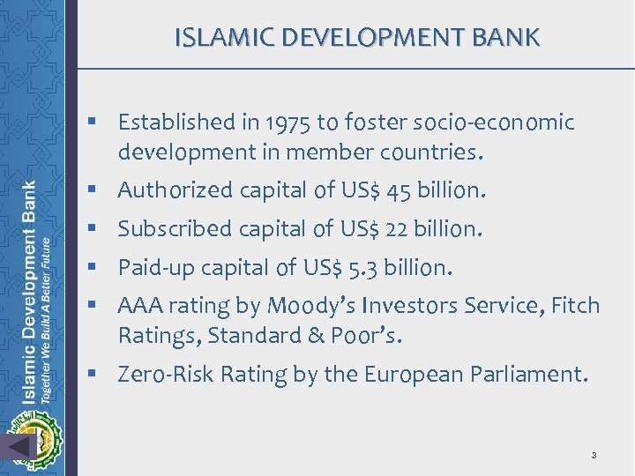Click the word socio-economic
pyautogui.click(x=498, y=122)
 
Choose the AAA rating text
pyautogui.click(x=138, y=306)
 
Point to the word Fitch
pyautogui.click(x=577, y=306)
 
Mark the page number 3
pyautogui.click(x=594, y=455)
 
